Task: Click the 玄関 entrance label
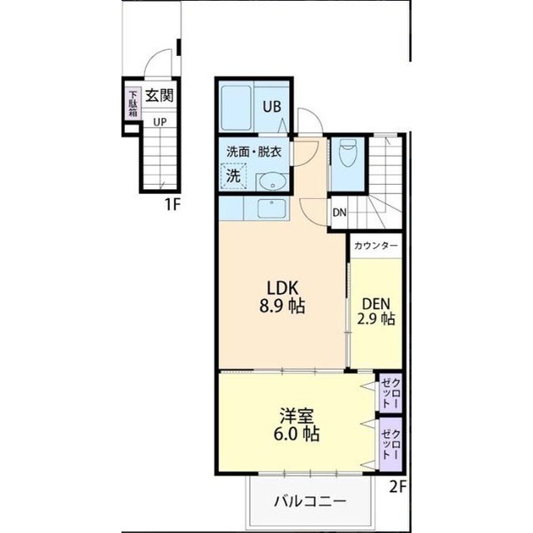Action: tap(159, 96)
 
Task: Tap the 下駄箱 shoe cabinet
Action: tap(133, 103)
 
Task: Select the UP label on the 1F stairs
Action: tap(160, 122)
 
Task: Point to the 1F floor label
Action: tap(172, 204)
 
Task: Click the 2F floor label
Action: tap(398, 487)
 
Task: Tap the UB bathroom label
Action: tap(272, 107)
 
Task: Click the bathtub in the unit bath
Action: tap(236, 108)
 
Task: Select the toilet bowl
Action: tap(347, 152)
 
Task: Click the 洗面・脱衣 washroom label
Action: tap(254, 152)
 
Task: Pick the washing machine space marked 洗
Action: tap(233, 176)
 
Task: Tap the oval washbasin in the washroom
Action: tap(272, 183)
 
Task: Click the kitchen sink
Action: tap(271, 209)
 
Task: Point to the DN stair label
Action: tap(339, 213)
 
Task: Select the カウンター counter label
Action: tap(376, 246)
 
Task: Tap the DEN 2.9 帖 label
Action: tap(376, 311)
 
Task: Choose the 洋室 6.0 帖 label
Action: tap(296, 425)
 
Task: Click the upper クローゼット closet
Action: tap(391, 392)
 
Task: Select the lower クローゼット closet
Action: tap(391, 445)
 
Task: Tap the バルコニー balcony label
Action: tap(311, 501)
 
